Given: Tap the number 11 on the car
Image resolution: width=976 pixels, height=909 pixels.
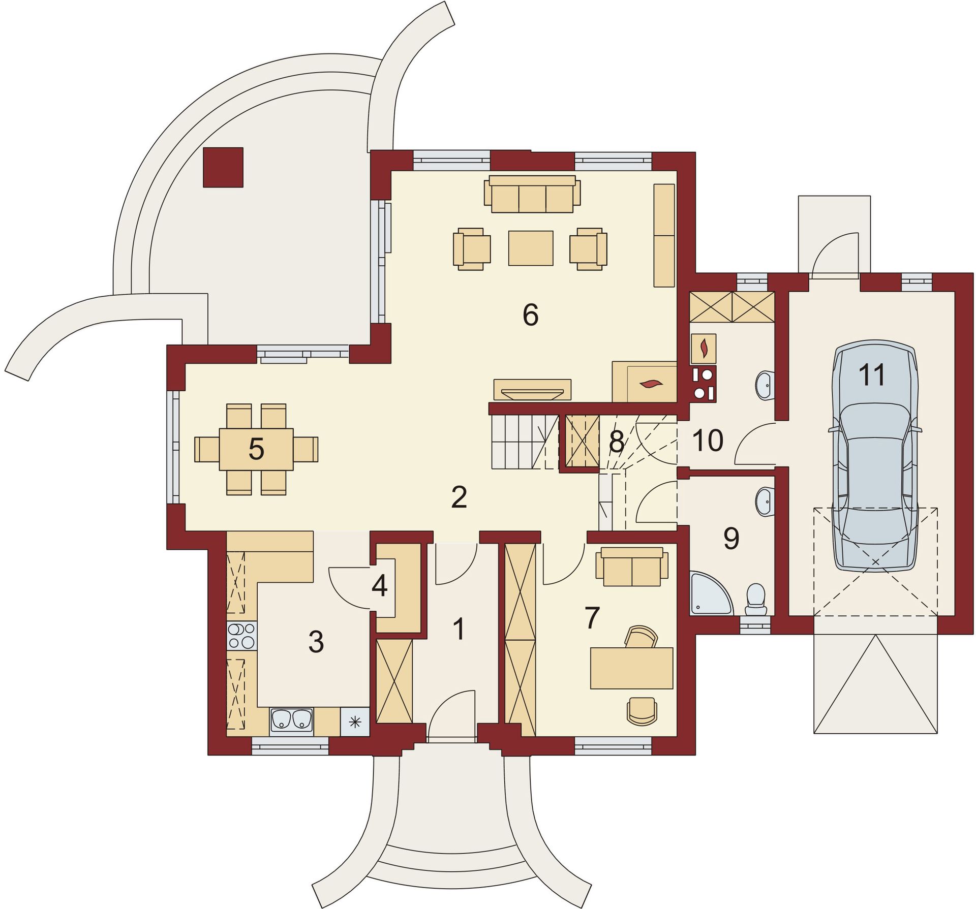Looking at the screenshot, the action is (872, 375).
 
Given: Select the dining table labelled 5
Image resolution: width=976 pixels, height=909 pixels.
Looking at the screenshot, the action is (256, 449).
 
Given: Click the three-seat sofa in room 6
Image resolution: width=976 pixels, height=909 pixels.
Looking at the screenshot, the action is (532, 194).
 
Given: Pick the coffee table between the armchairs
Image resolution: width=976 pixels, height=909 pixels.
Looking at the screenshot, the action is (531, 248).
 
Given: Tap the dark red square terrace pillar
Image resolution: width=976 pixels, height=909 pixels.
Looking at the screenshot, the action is (223, 167).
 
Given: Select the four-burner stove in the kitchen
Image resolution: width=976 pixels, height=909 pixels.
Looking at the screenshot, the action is (241, 636).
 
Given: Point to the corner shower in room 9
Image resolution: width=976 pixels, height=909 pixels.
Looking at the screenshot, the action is (711, 593).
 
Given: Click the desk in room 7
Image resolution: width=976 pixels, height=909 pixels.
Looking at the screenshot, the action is (631, 668).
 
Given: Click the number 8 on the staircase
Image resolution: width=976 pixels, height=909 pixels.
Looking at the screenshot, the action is (616, 442).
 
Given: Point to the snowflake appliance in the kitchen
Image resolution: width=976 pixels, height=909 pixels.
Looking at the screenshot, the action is (355, 721).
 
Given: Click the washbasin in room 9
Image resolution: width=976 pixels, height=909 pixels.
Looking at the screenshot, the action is (765, 500).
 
